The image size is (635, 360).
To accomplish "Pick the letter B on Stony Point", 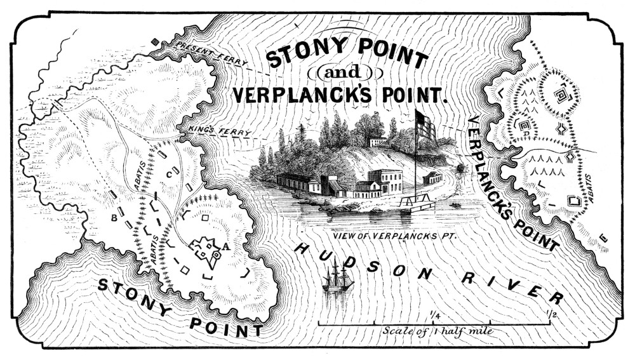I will [114, 218].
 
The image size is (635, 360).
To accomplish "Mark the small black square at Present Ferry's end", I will [154, 43].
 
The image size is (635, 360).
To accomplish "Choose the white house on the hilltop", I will [377, 141].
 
